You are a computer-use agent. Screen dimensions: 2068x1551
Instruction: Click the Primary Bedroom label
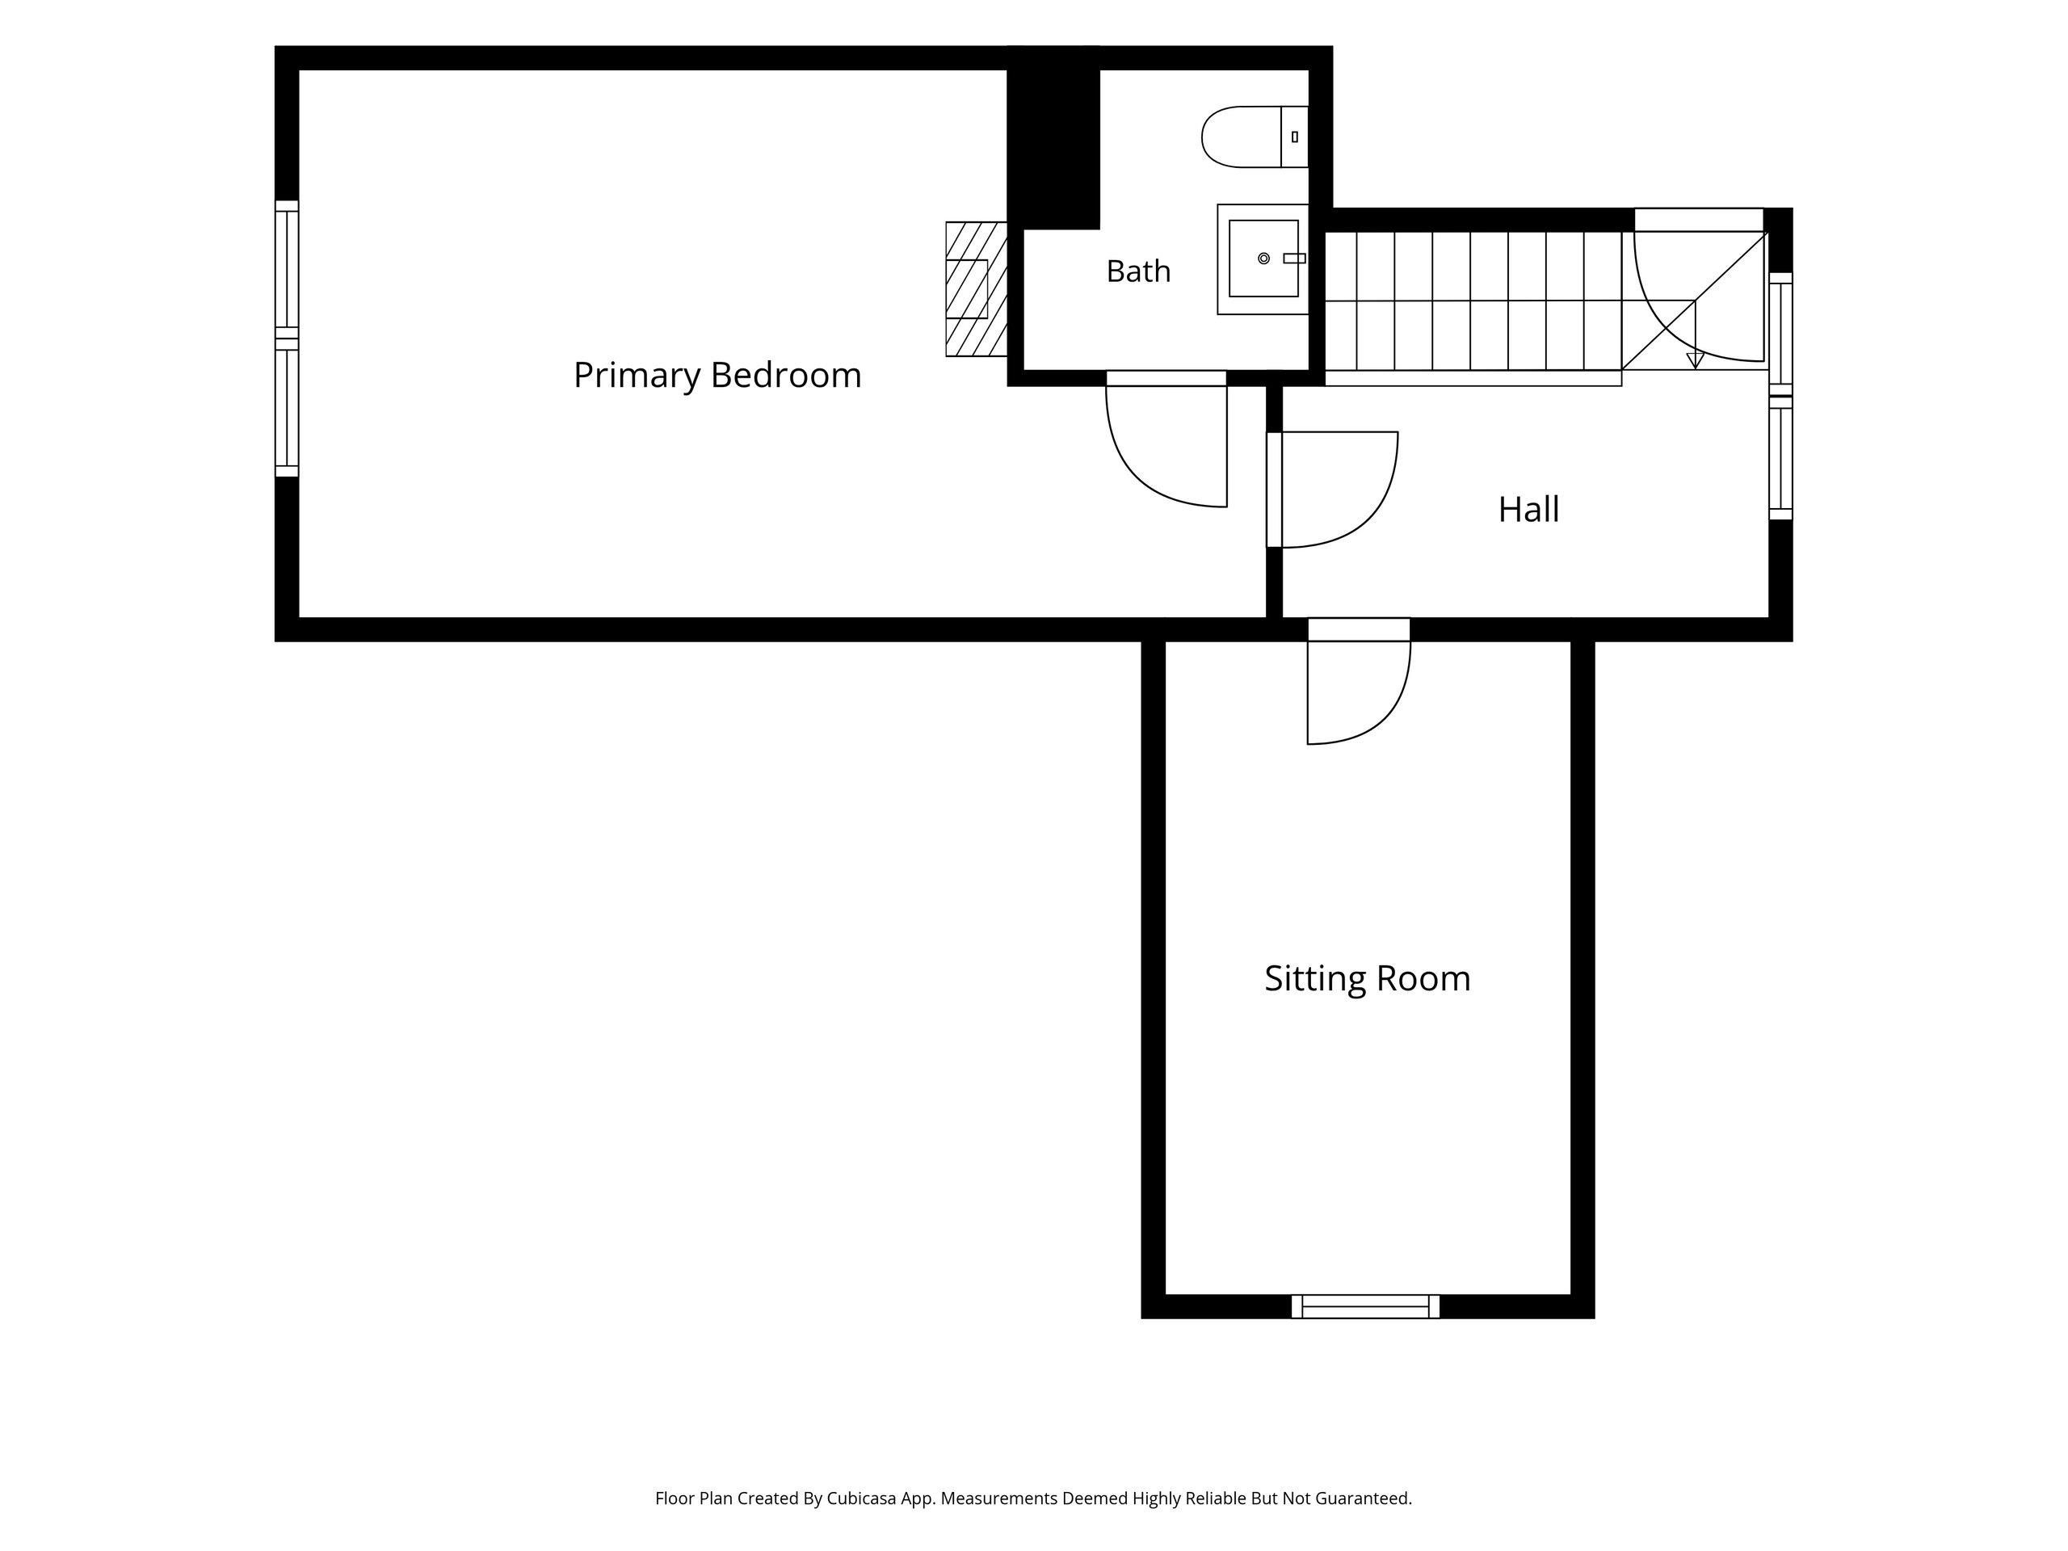coord(717,376)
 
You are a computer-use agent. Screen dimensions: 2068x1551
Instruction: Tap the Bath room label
coord(1137,271)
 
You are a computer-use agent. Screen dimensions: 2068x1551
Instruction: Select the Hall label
coord(1528,510)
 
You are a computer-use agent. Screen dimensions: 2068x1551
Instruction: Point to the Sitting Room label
coord(1367,979)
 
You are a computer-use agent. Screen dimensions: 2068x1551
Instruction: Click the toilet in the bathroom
coord(1254,137)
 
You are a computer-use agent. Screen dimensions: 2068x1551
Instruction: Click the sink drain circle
coord(1263,258)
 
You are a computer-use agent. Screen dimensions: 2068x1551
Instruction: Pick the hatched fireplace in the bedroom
coord(976,289)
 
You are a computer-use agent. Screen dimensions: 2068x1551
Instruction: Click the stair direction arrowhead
coord(1694,360)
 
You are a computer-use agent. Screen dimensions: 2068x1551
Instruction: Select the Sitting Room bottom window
coord(1365,1306)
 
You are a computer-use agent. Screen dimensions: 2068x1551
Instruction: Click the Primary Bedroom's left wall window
coord(286,338)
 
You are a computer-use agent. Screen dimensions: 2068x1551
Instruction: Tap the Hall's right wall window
coord(1781,397)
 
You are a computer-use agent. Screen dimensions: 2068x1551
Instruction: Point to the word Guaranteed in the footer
coord(1363,1498)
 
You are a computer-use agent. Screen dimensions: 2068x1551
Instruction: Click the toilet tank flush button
coord(1295,137)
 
